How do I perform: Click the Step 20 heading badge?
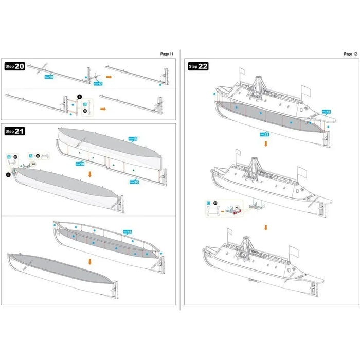pos(15,66)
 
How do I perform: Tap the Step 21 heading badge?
pos(15,131)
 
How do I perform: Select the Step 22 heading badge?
pos(199,66)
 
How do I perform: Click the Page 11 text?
pos(167,53)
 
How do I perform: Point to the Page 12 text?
pos(350,53)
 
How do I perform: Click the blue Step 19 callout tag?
pos(49,77)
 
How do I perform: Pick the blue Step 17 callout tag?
pos(98,83)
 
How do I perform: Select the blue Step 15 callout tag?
pos(133,139)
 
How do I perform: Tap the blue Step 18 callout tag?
pos(80,164)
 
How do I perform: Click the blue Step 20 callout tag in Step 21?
pos(134,181)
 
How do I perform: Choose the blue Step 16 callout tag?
pos(127,232)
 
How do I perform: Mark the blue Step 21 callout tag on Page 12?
pos(265,134)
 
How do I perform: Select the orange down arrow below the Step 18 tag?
pos(91,174)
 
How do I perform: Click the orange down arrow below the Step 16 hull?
pos(90,261)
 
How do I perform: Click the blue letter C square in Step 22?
pos(208,204)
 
